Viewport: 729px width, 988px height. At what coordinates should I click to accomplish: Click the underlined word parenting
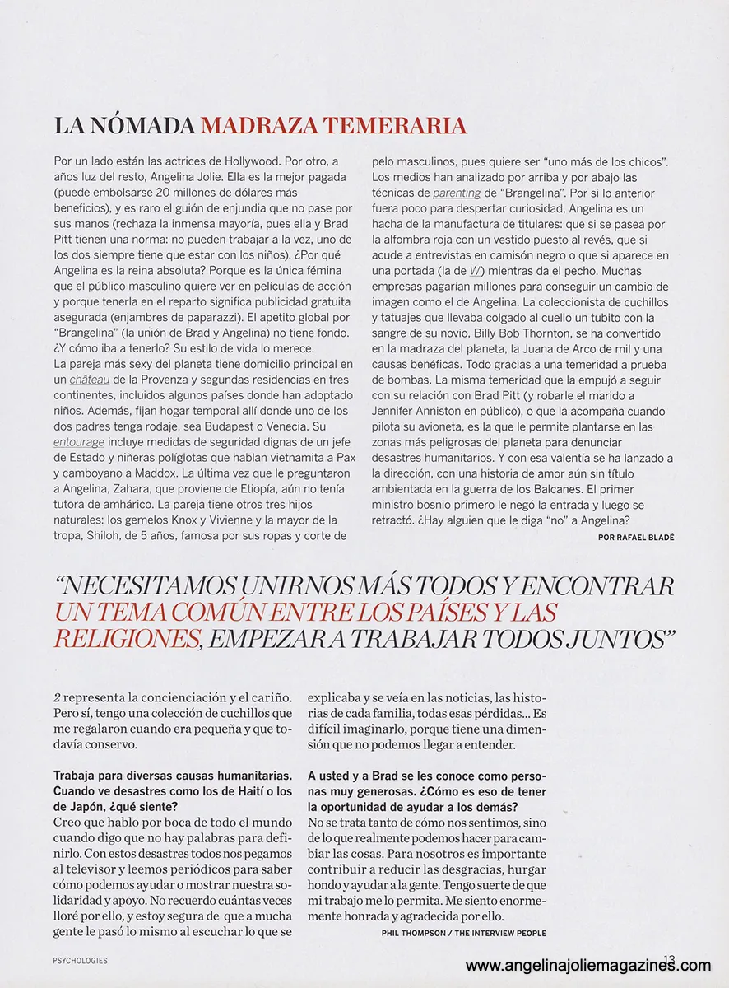click(457, 193)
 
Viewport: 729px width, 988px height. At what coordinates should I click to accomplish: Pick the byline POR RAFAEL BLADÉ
click(636, 537)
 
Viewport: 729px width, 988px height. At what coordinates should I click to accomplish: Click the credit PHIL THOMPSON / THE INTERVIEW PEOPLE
click(464, 933)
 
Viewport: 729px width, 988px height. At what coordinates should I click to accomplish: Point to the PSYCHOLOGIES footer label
click(80, 961)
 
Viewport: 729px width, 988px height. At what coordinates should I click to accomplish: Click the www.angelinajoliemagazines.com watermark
click(588, 966)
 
